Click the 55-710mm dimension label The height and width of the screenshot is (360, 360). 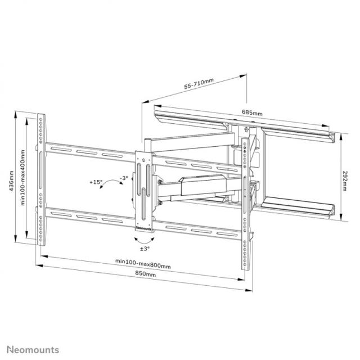click(199, 85)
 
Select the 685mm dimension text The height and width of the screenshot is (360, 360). click(251, 112)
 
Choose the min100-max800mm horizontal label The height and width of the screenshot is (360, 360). click(143, 262)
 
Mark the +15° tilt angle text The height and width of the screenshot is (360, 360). click(95, 182)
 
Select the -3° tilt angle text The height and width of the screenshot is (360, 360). click(124, 178)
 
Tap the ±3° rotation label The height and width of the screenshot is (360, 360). click(145, 248)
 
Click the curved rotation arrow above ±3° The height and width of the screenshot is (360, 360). click(145, 237)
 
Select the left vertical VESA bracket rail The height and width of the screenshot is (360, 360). click(41, 180)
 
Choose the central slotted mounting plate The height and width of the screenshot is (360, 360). click(144, 191)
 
